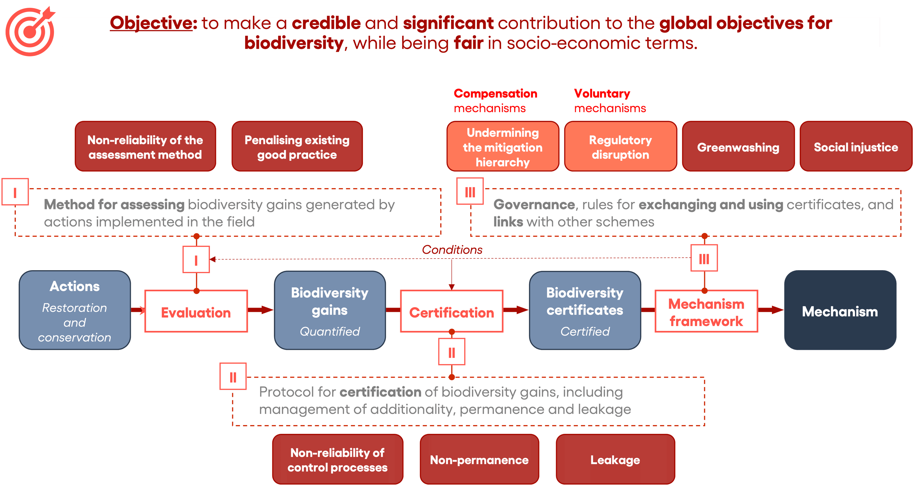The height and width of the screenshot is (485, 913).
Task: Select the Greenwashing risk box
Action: tap(738, 147)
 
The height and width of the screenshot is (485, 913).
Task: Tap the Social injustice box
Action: tap(856, 147)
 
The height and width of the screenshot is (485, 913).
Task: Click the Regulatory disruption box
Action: tap(620, 147)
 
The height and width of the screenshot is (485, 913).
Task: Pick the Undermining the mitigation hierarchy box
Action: tap(503, 147)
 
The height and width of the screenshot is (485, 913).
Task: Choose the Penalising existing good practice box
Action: tap(297, 147)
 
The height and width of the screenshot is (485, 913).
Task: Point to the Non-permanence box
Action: tap(479, 460)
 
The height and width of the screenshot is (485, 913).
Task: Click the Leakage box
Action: tap(615, 460)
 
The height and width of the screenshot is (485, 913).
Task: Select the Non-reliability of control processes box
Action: tap(337, 460)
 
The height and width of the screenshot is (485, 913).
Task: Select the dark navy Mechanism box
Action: tap(840, 311)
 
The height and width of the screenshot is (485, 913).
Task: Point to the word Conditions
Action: tap(452, 250)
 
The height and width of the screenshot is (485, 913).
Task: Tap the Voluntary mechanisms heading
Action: tap(610, 100)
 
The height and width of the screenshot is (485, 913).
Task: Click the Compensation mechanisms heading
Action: tap(495, 100)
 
